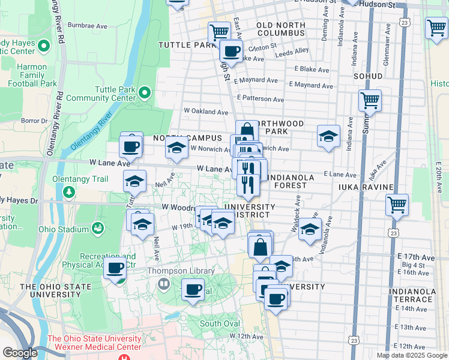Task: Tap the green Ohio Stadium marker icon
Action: [x=97, y=229]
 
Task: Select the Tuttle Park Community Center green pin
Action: [x=145, y=93]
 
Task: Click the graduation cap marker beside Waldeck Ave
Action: [x=310, y=229]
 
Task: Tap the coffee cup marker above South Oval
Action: [x=193, y=289]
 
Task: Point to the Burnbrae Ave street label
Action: [x=88, y=26]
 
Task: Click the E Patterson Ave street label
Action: [x=260, y=98]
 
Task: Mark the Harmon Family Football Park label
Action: [x=32, y=75]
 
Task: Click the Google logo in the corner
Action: [x=20, y=353]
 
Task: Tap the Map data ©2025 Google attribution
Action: [x=411, y=355]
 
